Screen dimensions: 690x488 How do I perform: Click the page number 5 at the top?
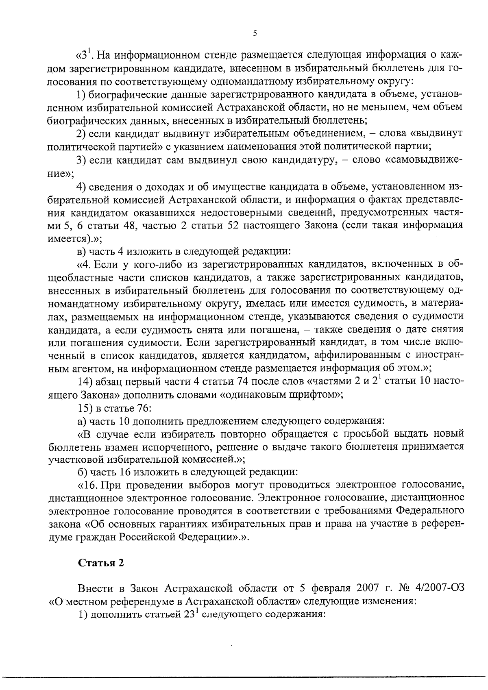click(255, 34)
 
